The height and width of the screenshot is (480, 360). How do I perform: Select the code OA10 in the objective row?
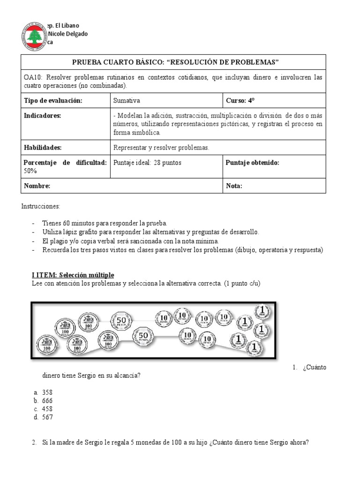pos(32,77)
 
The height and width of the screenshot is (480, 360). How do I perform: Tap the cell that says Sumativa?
pos(127,101)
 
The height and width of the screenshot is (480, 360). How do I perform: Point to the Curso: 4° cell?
pos(241,101)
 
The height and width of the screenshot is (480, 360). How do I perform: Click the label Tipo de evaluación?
pos(53,101)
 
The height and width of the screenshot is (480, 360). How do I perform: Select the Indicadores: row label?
pos(43,116)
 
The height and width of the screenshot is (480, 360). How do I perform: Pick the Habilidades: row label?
pos(43,147)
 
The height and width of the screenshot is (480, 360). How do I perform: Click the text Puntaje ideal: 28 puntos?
pos(147,163)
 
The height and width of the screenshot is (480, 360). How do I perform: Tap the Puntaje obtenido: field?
pos(252,163)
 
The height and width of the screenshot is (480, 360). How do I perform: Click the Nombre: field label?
pos(37,186)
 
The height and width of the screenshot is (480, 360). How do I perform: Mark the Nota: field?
pos(234,186)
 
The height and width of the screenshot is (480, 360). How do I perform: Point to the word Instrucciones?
pos(41,206)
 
